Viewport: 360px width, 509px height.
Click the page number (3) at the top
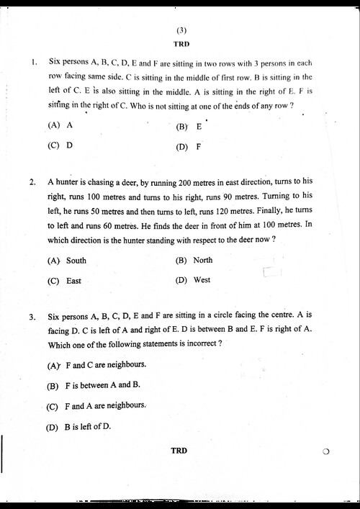(181, 30)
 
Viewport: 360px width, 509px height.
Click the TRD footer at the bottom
(179, 451)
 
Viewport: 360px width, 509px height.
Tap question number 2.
(33, 182)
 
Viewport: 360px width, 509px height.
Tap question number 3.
(33, 316)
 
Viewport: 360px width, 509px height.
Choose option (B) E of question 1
(189, 127)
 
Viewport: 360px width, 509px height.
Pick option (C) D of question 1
(60, 145)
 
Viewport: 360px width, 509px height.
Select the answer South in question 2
(67, 261)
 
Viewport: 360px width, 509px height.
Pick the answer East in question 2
(65, 281)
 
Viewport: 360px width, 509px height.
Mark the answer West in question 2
(193, 279)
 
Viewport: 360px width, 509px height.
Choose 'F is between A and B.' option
(93, 386)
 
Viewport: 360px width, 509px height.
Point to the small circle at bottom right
(326, 452)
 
